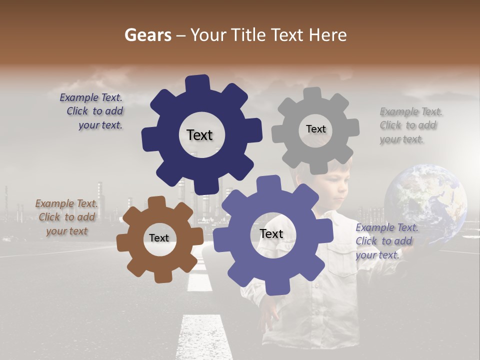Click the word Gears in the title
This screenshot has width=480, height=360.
click(x=147, y=35)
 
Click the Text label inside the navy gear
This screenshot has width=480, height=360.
click(x=199, y=135)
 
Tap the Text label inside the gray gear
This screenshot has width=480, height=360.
click(x=315, y=129)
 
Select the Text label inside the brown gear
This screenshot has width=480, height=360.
click(x=159, y=238)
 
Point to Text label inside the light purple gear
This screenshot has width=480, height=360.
click(x=271, y=233)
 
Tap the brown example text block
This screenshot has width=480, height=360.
click(x=67, y=217)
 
